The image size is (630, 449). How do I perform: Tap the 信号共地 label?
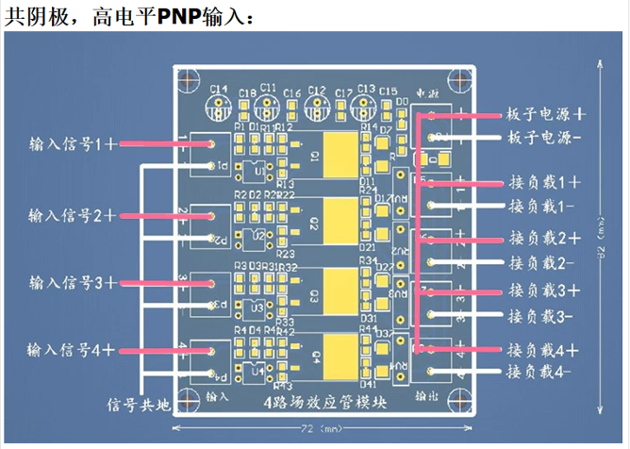[139, 405]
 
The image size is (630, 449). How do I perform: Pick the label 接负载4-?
[543, 373]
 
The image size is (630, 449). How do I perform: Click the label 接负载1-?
[543, 206]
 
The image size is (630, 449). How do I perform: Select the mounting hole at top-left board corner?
[190, 78]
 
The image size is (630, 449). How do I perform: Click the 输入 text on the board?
[217, 399]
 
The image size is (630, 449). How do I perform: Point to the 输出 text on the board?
[425, 399]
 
